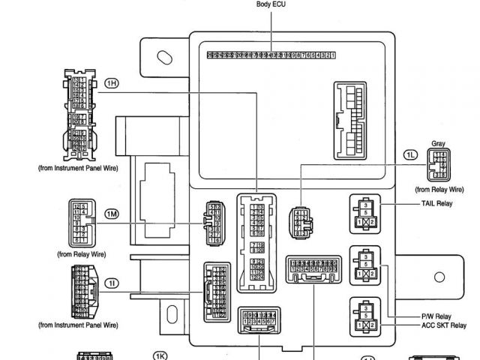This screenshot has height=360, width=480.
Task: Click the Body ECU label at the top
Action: point(271,4)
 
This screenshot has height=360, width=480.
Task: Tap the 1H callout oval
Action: point(112,82)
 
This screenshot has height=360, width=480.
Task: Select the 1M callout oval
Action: point(112,214)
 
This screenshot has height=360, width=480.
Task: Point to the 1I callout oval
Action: point(112,283)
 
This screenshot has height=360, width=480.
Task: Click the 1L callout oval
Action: point(410,154)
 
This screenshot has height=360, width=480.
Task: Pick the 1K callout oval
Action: point(160,355)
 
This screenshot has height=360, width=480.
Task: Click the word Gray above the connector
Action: point(439,143)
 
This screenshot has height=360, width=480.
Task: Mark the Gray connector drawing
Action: point(439,164)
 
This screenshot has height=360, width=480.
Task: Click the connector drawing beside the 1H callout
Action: point(77,115)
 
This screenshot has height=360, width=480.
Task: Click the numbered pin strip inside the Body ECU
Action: point(271,55)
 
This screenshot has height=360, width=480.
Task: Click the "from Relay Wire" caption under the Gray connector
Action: point(439,190)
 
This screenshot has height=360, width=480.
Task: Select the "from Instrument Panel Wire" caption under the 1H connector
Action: point(78,168)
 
